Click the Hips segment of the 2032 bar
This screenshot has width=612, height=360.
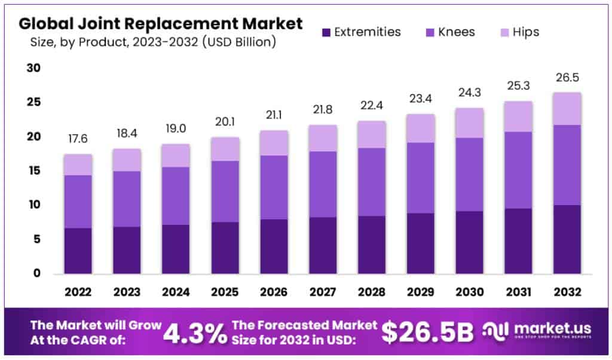coord(567,109)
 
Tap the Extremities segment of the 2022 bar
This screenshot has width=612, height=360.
coord(78,251)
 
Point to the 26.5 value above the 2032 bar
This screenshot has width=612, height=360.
coord(567,78)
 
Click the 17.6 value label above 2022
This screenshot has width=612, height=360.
coord(78,139)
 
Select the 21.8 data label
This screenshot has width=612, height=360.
coord(323,111)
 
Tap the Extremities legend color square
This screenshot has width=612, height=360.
coord(326,32)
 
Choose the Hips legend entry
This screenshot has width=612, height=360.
coord(518,32)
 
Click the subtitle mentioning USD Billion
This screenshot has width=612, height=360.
coord(153,43)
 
